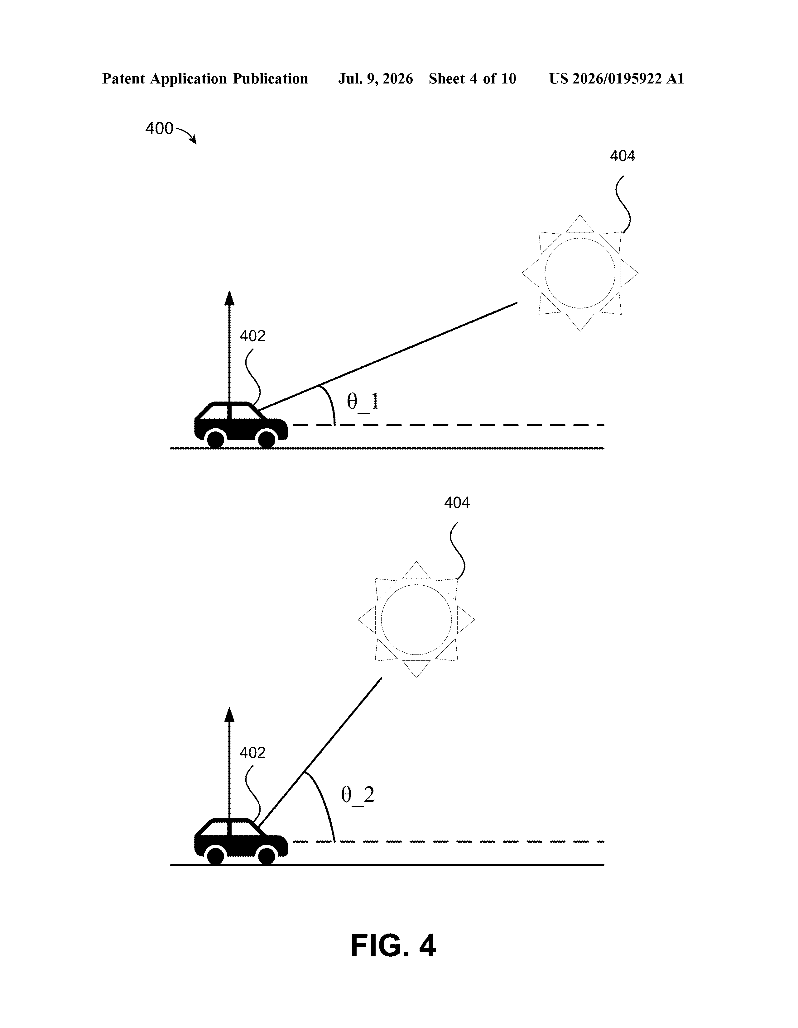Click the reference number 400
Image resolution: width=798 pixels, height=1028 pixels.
159,128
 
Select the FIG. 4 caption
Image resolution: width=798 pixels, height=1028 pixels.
393,946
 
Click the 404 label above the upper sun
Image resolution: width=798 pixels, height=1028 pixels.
622,156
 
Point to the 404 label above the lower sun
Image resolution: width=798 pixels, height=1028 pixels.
457,503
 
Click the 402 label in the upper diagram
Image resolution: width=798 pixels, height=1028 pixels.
252,336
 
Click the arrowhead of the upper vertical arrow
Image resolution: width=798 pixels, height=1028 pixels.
229,298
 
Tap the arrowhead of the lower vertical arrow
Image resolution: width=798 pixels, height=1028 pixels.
229,715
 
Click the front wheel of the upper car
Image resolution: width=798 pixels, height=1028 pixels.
267,439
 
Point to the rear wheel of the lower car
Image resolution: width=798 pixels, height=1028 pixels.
216,856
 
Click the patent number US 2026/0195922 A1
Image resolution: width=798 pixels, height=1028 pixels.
617,79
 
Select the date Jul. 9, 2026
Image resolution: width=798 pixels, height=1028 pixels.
375,79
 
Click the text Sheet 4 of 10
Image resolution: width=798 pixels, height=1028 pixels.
473,79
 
